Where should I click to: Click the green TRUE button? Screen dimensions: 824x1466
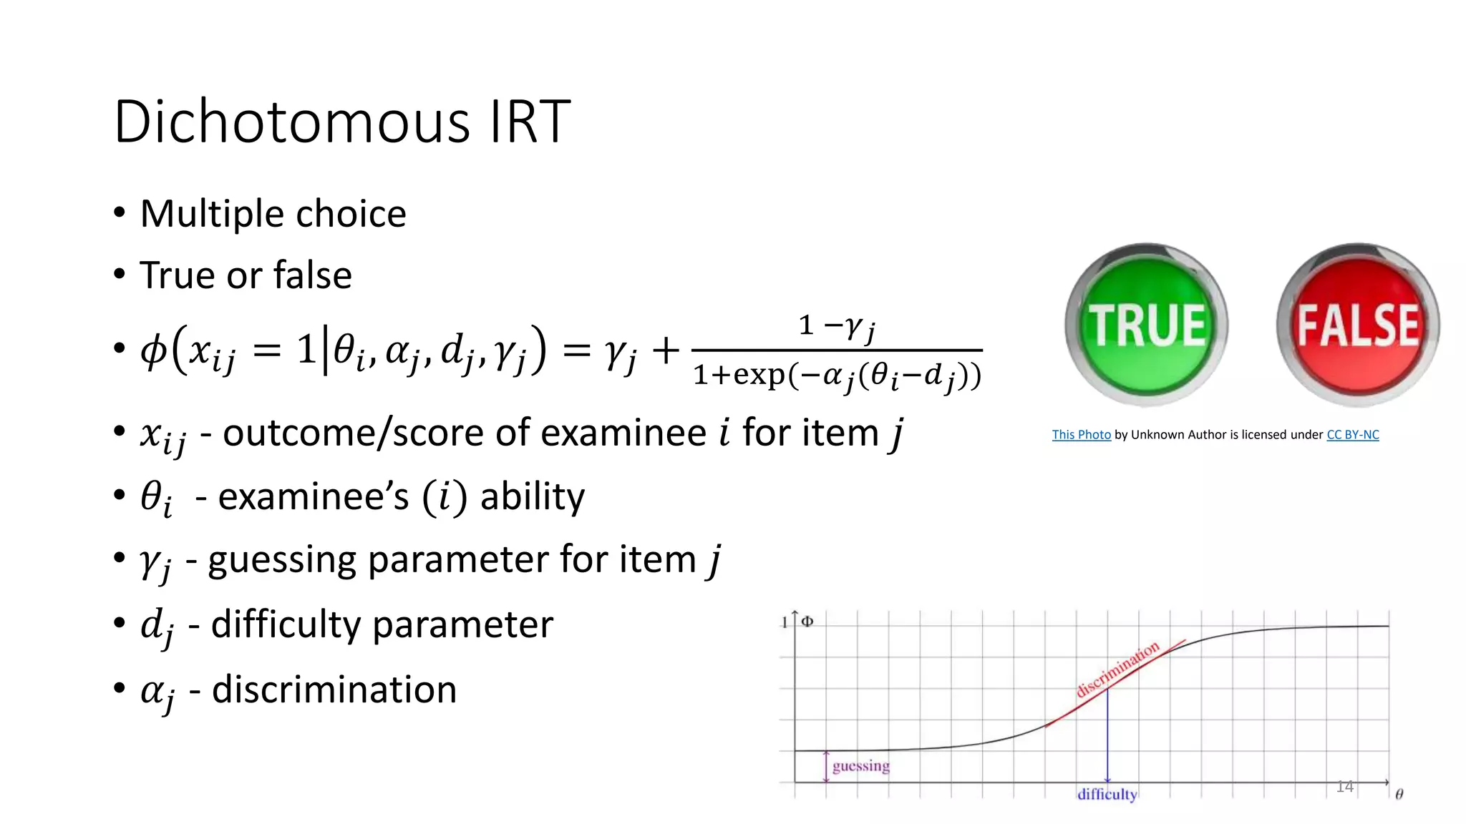tap(1147, 325)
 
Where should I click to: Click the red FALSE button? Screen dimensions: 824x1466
tap(1358, 325)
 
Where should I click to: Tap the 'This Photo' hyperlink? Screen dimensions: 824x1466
tap(1081, 435)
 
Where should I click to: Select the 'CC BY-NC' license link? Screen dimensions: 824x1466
tap(1352, 435)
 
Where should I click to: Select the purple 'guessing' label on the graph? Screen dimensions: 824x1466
tap(861, 766)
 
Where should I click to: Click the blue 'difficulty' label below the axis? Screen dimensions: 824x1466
tap(1107, 795)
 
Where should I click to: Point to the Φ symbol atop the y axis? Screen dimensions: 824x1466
tap(807, 621)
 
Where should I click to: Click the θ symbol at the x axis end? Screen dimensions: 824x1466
tap(1399, 795)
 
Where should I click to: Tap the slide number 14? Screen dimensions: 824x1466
tap(1344, 787)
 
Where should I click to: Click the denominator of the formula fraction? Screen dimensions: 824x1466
tap(837, 376)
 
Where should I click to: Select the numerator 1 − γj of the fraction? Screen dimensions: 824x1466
tap(836, 327)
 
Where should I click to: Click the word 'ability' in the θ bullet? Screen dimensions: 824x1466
tap(533, 496)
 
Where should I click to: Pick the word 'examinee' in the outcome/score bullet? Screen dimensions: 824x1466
tap(623, 433)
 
